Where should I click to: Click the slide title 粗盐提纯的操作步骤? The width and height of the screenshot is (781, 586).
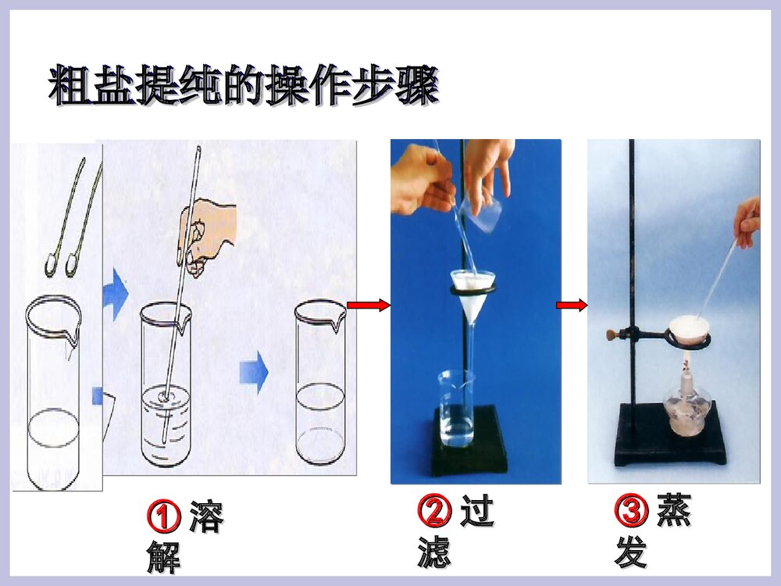click(243, 85)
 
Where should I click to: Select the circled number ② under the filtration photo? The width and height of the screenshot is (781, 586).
click(434, 512)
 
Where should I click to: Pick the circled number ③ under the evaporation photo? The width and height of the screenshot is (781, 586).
click(631, 512)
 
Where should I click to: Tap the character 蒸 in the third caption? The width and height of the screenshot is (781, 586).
click(673, 511)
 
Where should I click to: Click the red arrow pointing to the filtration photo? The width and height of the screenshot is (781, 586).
click(368, 306)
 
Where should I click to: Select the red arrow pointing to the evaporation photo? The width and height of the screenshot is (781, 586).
click(572, 306)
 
